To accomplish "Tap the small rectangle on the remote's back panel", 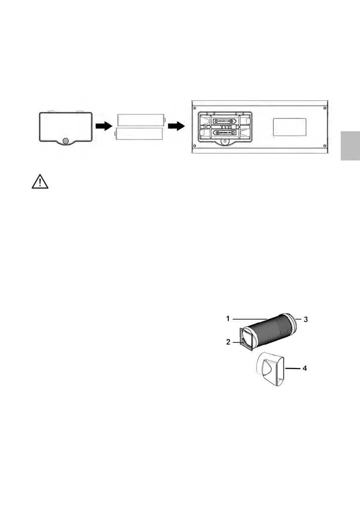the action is point(290,127).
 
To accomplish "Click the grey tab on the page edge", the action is point(351,146).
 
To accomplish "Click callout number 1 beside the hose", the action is point(229,319).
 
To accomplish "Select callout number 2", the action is point(229,342).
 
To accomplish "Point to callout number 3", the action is point(306,319).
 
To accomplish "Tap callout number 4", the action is point(306,368).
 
